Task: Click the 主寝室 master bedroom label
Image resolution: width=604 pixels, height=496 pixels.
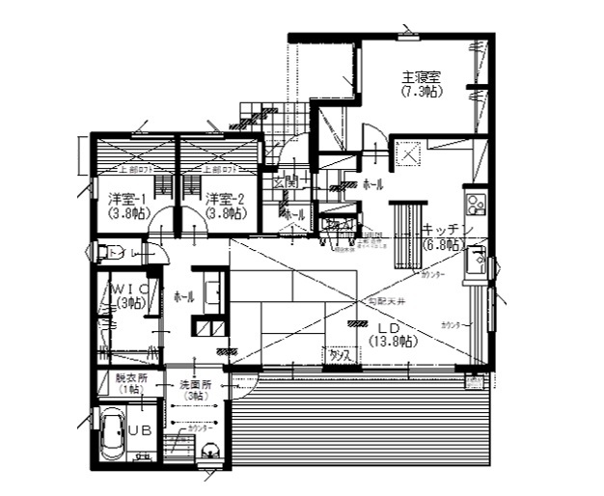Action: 422,76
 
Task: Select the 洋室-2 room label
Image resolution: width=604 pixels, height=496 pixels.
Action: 223,199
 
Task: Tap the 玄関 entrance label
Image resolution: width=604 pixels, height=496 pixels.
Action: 284,181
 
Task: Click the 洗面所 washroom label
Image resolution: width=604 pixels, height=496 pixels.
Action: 196,384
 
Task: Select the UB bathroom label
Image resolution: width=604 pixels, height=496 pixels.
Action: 140,429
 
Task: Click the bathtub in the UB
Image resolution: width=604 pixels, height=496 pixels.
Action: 111,434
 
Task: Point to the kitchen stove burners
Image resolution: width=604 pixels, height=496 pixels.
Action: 475,204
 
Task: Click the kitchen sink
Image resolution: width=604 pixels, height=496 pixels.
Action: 475,259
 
